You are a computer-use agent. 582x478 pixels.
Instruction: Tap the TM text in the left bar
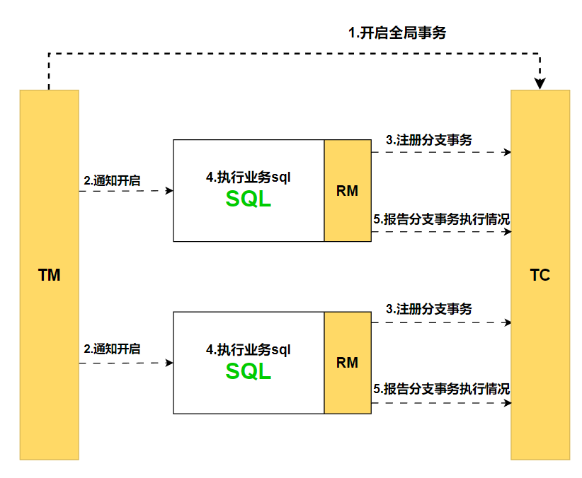coord(49,276)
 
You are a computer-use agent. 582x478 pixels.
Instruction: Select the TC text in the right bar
coord(540,276)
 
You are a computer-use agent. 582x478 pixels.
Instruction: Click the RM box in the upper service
coord(347,190)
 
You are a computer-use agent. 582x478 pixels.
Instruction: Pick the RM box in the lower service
coord(347,363)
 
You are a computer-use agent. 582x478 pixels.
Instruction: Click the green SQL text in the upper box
coord(249,199)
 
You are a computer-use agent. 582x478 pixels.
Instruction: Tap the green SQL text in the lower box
coord(249,371)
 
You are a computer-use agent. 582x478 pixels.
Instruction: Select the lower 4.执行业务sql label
coord(249,349)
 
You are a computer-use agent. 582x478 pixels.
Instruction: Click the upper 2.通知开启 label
coord(112,180)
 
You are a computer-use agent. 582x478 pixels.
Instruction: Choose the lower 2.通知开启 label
coord(112,349)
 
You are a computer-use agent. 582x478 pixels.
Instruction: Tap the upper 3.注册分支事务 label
coord(428,140)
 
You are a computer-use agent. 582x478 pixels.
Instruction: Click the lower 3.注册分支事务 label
coord(428,309)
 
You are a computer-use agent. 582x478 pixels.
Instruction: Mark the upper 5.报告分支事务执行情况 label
coord(442,219)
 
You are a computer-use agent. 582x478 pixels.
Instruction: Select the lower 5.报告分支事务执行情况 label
coord(442,389)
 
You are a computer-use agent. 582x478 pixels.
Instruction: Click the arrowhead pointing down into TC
coord(540,84)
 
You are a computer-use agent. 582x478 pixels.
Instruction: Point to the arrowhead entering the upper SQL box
coord(169,191)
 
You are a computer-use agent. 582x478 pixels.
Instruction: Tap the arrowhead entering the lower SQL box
coord(169,363)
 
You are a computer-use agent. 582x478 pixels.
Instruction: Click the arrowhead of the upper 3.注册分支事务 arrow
coord(507,152)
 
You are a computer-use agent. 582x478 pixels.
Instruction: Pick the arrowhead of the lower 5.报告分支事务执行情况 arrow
coord(507,403)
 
